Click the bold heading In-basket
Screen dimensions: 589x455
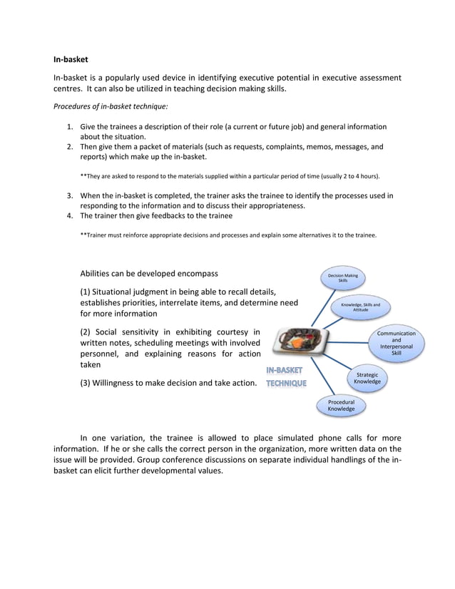[x=71, y=59]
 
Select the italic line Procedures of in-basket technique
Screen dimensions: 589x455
[x=111, y=106]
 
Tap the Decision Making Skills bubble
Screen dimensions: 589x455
[x=343, y=278]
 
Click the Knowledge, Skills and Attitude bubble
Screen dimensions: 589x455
[x=361, y=307]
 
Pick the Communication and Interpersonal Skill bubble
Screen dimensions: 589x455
[x=397, y=343]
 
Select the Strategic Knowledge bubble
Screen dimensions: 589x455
[x=367, y=378]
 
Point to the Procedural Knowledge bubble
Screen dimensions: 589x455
[x=341, y=406]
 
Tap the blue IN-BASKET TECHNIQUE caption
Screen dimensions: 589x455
[x=286, y=377]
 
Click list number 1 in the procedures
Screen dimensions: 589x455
[x=70, y=127]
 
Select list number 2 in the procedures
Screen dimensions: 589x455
[x=70, y=147]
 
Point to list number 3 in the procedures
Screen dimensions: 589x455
[x=70, y=195]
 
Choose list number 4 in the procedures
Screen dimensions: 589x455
[x=70, y=215]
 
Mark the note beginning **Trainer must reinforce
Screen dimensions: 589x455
[x=227, y=235]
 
